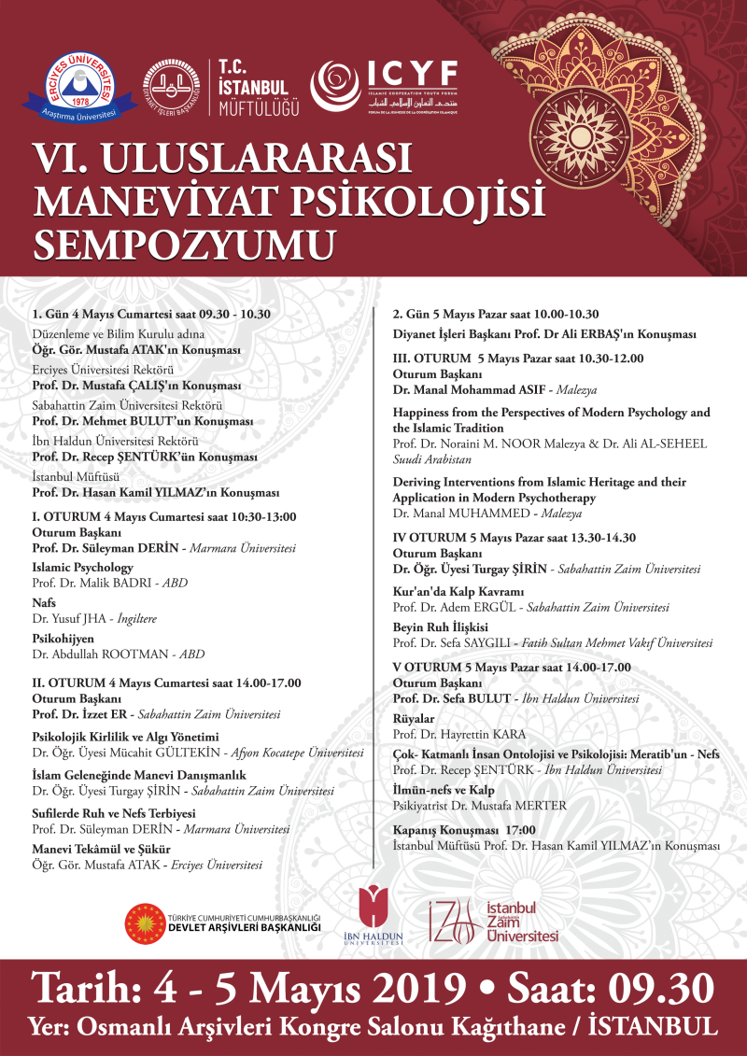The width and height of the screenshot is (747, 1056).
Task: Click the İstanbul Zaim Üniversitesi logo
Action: (x=494, y=921)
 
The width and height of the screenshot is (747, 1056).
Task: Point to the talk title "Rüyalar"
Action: (x=414, y=719)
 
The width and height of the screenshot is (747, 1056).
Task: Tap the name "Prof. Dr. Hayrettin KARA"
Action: (x=457, y=734)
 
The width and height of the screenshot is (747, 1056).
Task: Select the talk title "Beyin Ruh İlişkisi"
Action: (x=441, y=627)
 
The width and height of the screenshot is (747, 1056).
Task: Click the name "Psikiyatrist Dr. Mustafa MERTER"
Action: (x=479, y=806)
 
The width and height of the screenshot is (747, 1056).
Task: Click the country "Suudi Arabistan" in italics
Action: (x=433, y=460)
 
